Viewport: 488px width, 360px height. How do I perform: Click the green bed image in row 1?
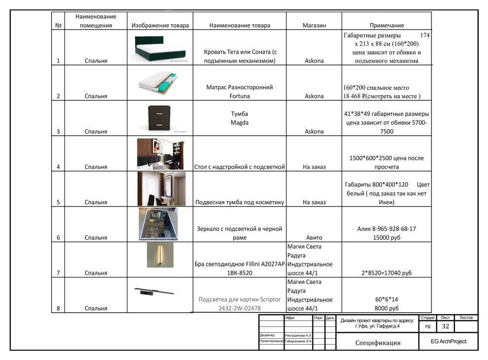pos(161,48)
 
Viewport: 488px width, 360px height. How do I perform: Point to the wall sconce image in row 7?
pos(160,255)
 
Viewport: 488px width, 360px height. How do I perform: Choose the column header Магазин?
pos(314,26)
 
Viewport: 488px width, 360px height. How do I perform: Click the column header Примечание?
pos(386,26)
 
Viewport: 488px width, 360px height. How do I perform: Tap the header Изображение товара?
pos(160,26)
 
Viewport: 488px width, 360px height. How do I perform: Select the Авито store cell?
pos(314,238)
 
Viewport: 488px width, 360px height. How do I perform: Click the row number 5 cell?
pos(58,202)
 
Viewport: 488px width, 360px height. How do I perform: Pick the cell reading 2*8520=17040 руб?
pos(386,273)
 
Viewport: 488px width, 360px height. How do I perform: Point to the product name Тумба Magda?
pos(240,118)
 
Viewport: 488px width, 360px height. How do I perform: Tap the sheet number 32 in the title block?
pos(445,326)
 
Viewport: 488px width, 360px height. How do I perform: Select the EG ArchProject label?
pos(448,342)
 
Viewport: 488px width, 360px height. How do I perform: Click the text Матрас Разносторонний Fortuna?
pos(240,92)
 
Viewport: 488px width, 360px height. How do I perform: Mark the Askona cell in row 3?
pos(314,132)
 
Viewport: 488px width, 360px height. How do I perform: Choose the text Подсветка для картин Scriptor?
pos(240,299)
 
